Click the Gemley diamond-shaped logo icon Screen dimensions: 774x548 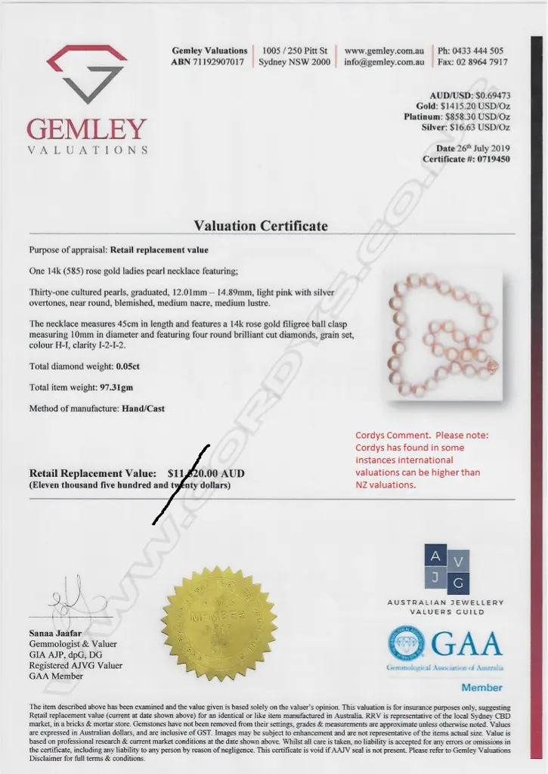[x=87, y=74]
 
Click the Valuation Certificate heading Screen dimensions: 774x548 [x=261, y=225]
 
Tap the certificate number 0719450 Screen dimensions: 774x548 [x=488, y=159]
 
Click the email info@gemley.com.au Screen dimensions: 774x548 [x=384, y=62]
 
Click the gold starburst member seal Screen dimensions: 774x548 [x=219, y=623]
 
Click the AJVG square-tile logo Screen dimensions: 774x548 [x=447, y=570]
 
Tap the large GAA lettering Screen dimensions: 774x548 [x=467, y=644]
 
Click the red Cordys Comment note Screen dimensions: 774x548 [x=422, y=460]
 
